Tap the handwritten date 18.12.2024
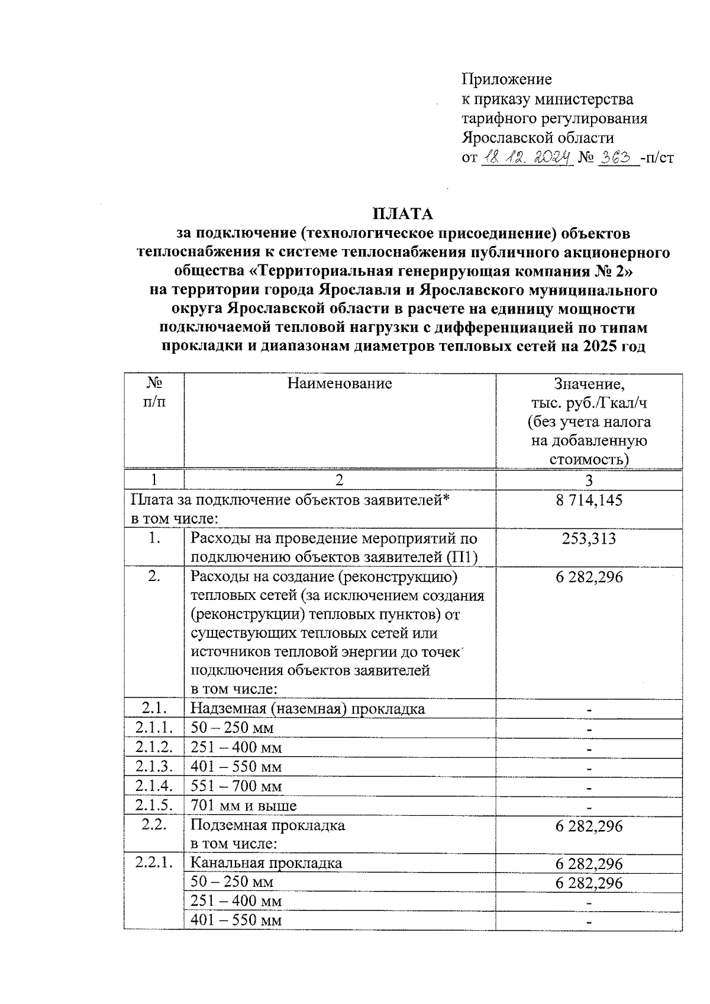526,157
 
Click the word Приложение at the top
506,79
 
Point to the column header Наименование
340,383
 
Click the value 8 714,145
589,501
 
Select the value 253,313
589,538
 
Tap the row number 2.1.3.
154,767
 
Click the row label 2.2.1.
154,863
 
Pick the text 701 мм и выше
244,806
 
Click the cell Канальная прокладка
266,863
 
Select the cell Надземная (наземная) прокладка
308,709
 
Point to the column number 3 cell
589,480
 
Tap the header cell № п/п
154,392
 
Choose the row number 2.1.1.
154,728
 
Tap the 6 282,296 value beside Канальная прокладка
589,864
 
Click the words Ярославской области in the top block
537,138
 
